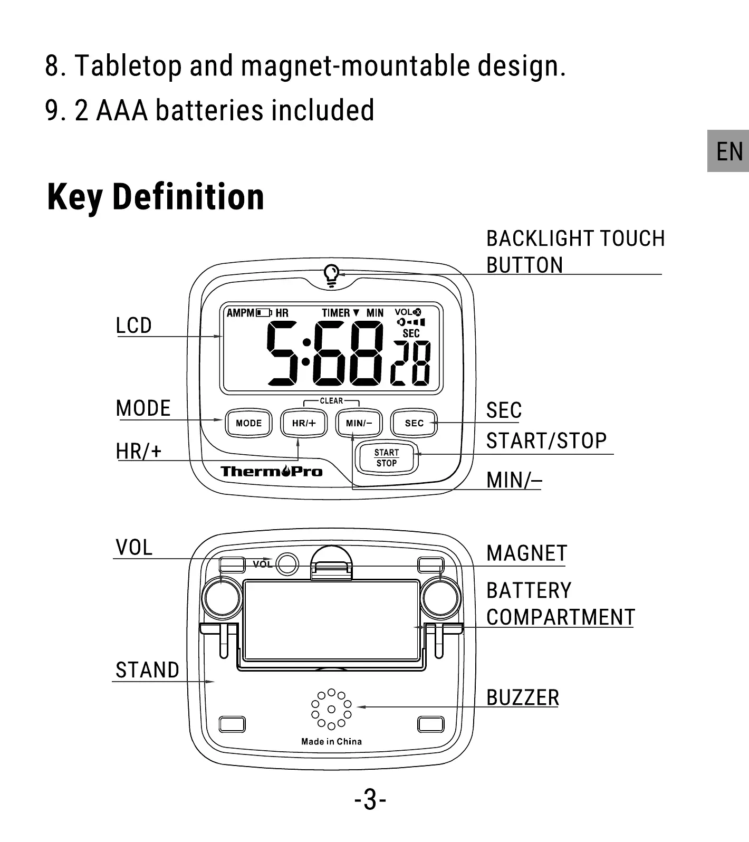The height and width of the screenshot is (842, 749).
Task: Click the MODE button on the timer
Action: point(248,423)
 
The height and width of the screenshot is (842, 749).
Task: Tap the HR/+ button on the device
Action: point(304,423)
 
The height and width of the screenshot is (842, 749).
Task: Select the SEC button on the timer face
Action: point(414,423)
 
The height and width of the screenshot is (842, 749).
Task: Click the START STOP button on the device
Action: point(387,458)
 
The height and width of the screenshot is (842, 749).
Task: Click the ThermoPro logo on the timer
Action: point(271,471)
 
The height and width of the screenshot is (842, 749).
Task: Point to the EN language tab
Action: point(729,151)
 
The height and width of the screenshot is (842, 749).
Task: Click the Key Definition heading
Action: point(156,197)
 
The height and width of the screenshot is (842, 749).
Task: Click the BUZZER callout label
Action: point(522,697)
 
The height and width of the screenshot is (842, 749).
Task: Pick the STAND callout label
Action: point(147,670)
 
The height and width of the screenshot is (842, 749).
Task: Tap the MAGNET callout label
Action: point(526,553)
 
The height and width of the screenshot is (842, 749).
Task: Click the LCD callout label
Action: point(133,326)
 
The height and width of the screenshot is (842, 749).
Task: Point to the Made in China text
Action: point(331,741)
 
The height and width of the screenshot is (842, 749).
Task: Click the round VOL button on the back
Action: point(287,564)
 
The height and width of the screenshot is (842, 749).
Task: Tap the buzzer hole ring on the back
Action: point(331,710)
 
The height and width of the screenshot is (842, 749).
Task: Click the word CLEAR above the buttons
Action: point(331,401)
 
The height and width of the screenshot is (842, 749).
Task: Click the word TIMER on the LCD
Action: point(336,313)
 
